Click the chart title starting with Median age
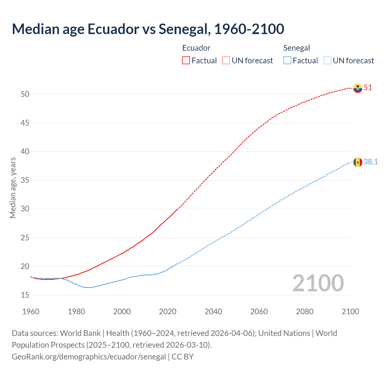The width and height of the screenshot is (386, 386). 148,29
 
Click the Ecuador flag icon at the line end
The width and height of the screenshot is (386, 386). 358,88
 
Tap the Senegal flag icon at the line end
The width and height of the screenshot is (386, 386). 358,162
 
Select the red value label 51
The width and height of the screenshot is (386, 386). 368,88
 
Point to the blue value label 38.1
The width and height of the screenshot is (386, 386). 371,162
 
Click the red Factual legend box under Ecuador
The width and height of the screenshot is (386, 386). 186,61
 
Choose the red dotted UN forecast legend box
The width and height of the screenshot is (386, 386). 226,61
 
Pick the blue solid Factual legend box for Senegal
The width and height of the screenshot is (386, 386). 287,61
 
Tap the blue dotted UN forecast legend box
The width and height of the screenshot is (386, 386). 327,61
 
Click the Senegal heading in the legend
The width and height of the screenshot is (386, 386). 296,48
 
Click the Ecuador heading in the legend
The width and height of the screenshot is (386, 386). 196,48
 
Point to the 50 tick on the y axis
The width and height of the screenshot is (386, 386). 25,94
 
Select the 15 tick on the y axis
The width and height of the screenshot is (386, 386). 25,295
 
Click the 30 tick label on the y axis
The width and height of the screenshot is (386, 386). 25,209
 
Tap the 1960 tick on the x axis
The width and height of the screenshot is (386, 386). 31,312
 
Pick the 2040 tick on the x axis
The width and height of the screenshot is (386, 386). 213,312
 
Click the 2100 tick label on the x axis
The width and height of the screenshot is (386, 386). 350,312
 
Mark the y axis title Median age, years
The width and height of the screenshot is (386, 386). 13,188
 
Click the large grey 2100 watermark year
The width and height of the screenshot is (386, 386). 318,283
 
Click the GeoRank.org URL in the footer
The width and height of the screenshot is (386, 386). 89,357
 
